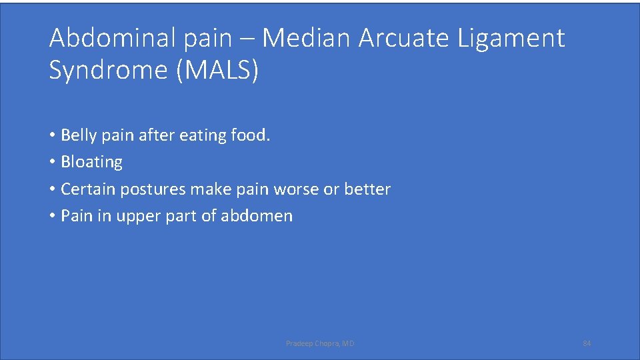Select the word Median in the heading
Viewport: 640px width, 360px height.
coord(306,39)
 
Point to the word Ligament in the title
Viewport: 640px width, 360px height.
coord(511,39)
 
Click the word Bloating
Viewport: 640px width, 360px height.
coord(91,162)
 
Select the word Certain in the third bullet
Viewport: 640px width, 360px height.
coord(85,189)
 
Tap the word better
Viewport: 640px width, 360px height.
coord(367,189)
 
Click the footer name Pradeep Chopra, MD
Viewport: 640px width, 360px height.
coord(320,343)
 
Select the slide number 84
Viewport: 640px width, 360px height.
coord(587,343)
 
